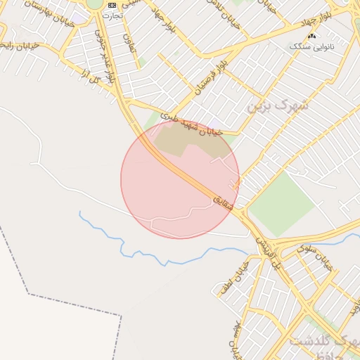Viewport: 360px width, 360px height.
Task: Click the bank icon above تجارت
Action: [112, 6]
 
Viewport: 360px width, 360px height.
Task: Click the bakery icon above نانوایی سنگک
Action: [311, 35]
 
